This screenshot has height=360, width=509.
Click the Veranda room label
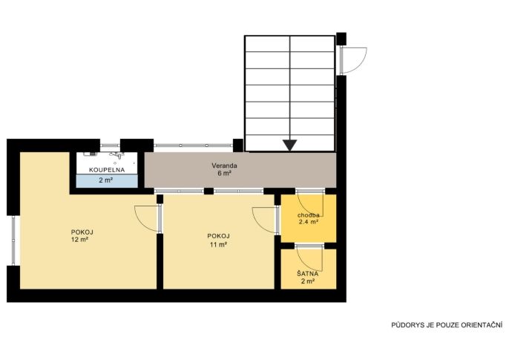click(x=224, y=166)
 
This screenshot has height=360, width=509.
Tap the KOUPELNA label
click(x=107, y=170)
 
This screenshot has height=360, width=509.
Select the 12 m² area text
click(x=80, y=240)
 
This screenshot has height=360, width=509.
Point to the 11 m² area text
click(x=218, y=244)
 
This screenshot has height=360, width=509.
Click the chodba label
click(x=308, y=215)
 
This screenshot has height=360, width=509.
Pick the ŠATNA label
click(x=307, y=274)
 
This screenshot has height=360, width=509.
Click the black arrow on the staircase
click(x=289, y=145)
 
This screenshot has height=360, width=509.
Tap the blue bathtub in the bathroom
click(x=107, y=181)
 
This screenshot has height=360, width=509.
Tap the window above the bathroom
click(x=110, y=145)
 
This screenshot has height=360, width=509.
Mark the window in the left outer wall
click(x=13, y=240)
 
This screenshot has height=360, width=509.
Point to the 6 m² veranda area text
click(x=224, y=174)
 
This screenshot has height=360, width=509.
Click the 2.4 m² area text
click(x=308, y=223)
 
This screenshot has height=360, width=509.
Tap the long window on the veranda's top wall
click(x=193, y=145)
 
